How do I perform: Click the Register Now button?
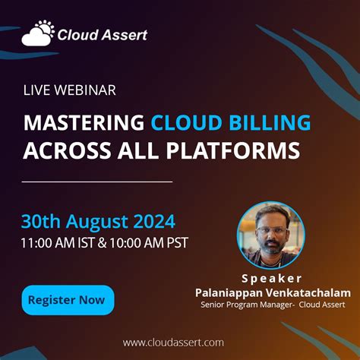click(68, 299)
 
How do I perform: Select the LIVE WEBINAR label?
click(69, 90)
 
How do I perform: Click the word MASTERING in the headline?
click(84, 122)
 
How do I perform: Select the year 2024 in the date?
click(150, 222)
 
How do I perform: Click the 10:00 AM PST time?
click(149, 243)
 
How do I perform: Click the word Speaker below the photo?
click(271, 278)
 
